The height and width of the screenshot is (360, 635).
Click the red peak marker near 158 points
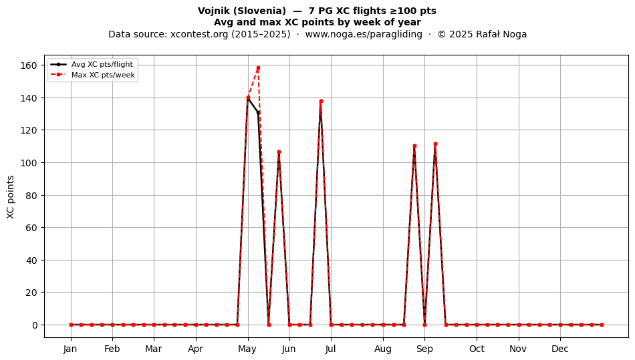point(259,68)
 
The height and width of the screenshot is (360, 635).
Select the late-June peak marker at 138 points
point(321,101)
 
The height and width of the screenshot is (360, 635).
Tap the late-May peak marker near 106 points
point(279,152)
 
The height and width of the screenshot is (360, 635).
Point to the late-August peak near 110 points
point(414,146)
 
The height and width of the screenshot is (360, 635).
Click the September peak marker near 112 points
point(435,144)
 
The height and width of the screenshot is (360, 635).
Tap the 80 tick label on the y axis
point(31,196)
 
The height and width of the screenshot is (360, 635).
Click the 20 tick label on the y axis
point(31,293)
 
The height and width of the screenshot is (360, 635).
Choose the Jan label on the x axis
point(70,349)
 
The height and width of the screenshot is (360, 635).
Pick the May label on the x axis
point(247,349)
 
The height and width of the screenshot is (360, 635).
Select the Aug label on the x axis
point(383,349)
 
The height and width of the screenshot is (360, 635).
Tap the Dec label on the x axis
point(560,349)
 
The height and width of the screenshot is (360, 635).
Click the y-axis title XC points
point(11,197)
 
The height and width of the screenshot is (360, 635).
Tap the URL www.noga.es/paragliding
point(364,34)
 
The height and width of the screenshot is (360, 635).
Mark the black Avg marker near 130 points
point(259,113)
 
